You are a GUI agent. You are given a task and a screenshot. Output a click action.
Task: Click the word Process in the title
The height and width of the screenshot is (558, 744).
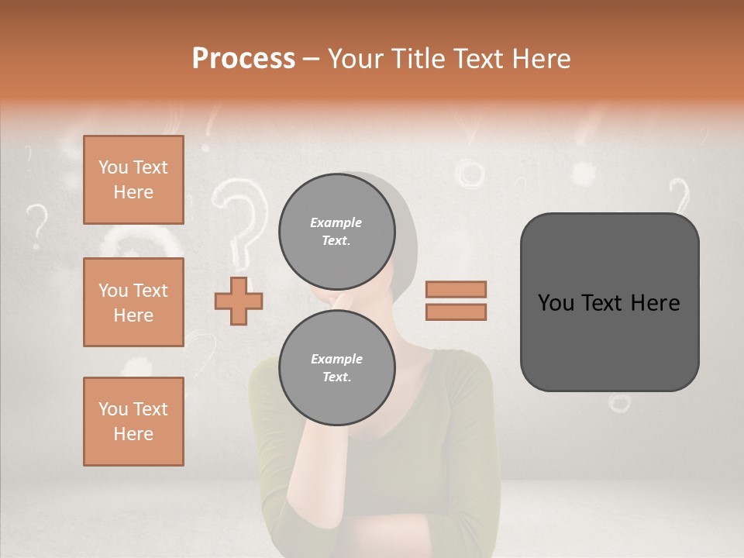[x=243, y=58]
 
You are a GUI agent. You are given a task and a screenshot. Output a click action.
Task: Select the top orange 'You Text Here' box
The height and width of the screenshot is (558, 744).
[x=133, y=180]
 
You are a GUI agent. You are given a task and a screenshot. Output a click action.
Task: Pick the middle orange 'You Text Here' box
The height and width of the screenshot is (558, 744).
[x=133, y=302]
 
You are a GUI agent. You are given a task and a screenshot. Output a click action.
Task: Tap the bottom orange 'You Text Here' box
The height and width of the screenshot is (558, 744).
[x=133, y=421]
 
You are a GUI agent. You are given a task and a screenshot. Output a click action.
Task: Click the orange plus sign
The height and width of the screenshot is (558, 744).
[x=239, y=301]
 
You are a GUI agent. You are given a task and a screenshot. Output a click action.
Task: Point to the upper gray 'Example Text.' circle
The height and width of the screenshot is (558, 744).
[x=336, y=231]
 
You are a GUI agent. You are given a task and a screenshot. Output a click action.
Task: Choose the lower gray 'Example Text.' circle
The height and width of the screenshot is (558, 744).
[x=336, y=368]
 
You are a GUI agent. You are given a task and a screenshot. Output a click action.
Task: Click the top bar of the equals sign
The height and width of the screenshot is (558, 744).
[x=456, y=289]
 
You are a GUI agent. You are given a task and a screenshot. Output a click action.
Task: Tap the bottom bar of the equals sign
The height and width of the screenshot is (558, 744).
[x=456, y=312]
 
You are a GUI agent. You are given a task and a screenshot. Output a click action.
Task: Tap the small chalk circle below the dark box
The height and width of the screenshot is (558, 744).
[x=619, y=402]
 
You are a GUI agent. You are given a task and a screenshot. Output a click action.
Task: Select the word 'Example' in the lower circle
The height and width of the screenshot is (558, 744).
[x=336, y=359]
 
